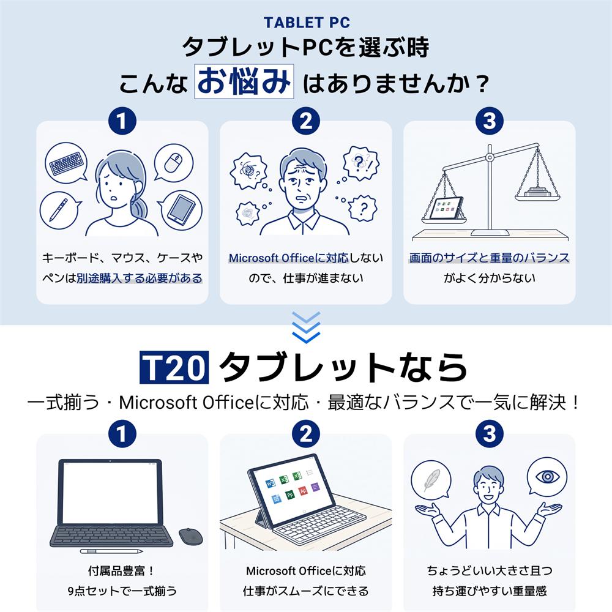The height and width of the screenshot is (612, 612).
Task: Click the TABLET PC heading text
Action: [307, 23]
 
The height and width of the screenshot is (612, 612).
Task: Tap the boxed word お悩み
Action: [244, 81]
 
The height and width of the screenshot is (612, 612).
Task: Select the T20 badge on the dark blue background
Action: [174, 367]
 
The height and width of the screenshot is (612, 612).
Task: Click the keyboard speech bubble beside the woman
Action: [66, 163]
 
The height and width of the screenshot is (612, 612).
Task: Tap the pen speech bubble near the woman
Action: [60, 211]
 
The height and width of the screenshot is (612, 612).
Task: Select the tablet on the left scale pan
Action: [446, 209]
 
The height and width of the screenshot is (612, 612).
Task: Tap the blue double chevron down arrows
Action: [306, 327]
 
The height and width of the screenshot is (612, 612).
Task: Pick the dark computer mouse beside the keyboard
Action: [190, 537]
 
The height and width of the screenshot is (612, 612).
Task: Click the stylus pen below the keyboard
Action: [111, 551]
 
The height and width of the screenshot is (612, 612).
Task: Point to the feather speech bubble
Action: [431, 480]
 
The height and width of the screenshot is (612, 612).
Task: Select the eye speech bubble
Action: [547, 477]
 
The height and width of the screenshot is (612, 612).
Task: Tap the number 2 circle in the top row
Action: [306, 121]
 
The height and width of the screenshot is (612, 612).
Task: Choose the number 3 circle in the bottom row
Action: [490, 434]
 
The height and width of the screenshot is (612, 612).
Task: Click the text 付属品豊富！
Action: [122, 571]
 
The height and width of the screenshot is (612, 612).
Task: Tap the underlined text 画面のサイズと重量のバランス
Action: [489, 258]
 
